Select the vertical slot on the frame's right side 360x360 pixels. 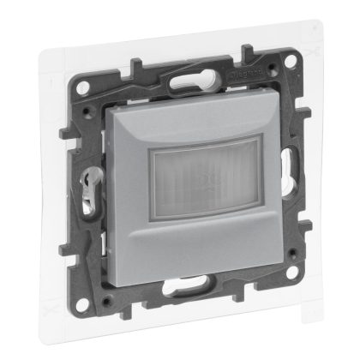pos(276,181)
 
